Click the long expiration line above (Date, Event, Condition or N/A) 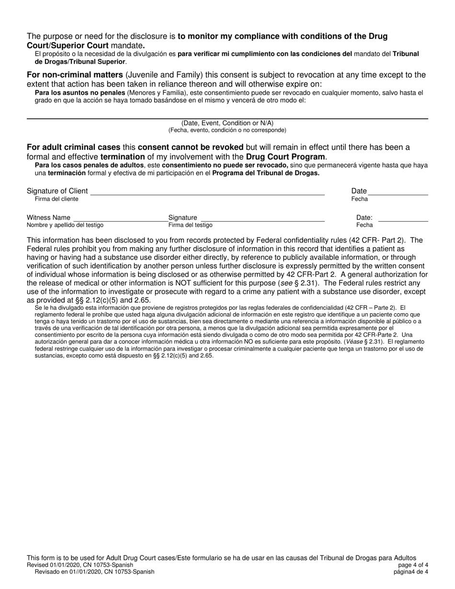coord(227,118)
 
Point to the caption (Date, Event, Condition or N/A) coord(227,123)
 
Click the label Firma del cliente coord(57,199)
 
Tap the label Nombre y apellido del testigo coord(65,225)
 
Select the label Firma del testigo coord(190,225)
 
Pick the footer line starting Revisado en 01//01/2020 coord(94,572)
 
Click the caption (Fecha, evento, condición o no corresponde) coord(227,130)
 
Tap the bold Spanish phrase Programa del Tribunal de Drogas coord(266,173)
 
